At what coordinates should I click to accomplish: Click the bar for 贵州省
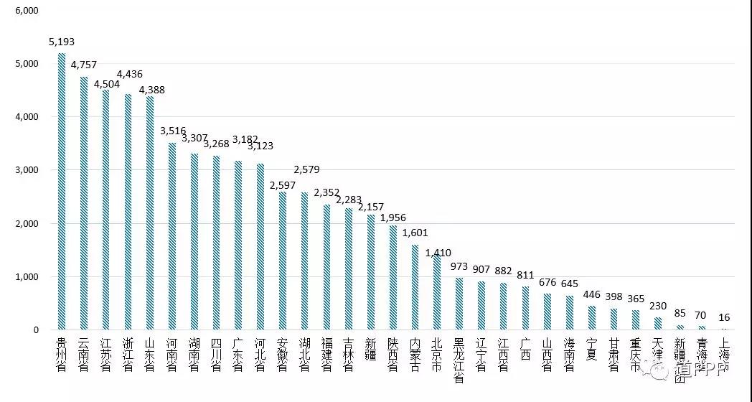click(x=62, y=192)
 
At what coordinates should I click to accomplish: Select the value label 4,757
click(x=83, y=65)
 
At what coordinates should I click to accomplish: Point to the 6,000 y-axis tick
click(x=27, y=11)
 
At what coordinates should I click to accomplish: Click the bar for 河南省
click(x=171, y=237)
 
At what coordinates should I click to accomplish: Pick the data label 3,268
click(x=216, y=144)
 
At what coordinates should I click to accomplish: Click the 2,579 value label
click(x=306, y=170)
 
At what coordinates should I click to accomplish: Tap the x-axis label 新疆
click(x=370, y=347)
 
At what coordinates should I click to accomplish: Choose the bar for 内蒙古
click(x=415, y=288)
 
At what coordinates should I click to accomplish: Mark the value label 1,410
click(x=438, y=253)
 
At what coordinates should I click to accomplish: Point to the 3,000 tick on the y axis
click(x=27, y=170)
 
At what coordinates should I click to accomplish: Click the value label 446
click(x=592, y=294)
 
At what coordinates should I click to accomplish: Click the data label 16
click(x=724, y=317)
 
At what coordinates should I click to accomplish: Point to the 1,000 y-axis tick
click(x=27, y=277)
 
